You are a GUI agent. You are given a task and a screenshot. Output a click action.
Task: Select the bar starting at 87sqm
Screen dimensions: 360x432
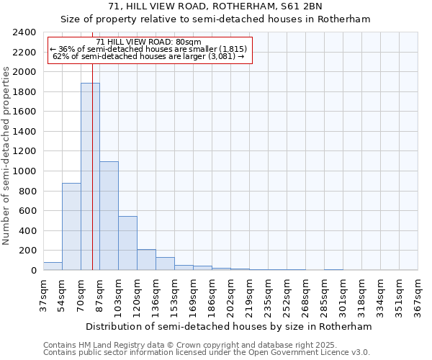pos(109,216)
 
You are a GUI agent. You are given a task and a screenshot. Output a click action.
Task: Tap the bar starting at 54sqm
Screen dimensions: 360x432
pos(71,227)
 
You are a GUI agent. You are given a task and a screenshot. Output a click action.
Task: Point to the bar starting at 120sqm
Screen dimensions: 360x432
pos(146,260)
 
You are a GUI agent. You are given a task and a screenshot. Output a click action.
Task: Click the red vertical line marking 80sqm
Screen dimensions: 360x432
pos(93,144)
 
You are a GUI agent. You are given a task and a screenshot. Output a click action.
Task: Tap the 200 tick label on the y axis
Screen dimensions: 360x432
pos(28,251)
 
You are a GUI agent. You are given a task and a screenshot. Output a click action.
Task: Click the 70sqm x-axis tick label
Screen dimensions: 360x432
pos(81,294)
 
